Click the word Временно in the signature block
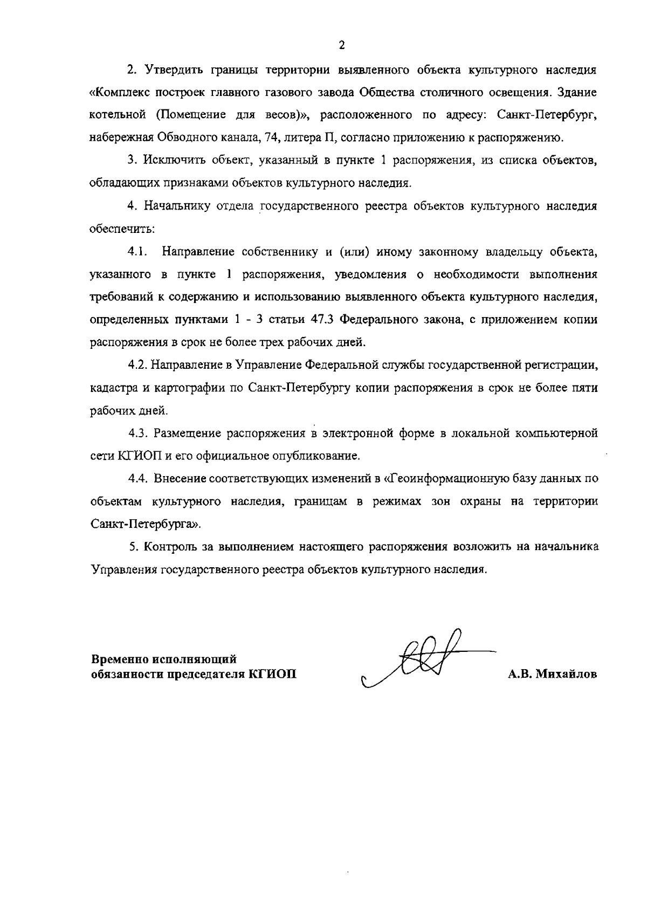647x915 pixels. point(118,659)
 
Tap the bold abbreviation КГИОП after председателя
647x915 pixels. point(272,675)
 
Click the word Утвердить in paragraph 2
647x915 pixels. point(168,70)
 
